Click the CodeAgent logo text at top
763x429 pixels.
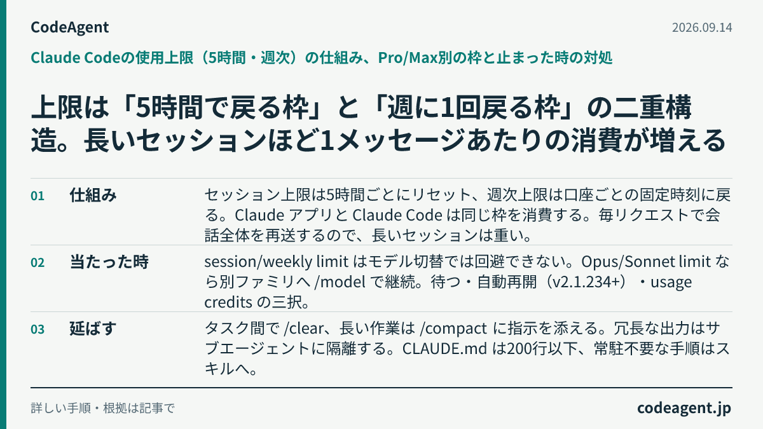[69, 27]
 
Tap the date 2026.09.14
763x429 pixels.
[702, 27]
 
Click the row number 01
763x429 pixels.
[38, 196]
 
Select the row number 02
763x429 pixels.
[38, 263]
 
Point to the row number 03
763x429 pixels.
[38, 330]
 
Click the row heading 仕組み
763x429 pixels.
[93, 196]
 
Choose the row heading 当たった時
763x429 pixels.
[109, 262]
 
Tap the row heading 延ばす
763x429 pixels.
[93, 329]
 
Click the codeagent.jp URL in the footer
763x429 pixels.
[684, 408]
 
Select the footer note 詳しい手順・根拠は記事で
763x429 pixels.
[103, 408]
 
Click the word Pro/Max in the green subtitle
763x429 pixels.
[408, 58]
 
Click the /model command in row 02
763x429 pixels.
[340, 282]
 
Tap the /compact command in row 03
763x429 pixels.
[453, 329]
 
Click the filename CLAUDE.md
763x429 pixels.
[444, 349]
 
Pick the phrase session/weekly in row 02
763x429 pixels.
[258, 262]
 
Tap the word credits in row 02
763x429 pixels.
[228, 302]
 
